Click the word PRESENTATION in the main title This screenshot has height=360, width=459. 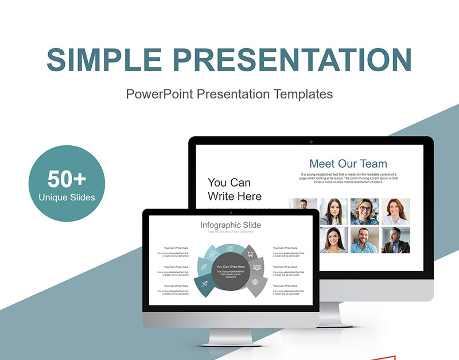click(293, 60)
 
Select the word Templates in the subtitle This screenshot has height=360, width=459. click(304, 94)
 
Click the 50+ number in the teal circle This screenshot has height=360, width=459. click(67, 179)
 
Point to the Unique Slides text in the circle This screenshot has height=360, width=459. click(67, 198)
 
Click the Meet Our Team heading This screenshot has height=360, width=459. click(348, 164)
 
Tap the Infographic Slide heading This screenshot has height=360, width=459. click(230, 225)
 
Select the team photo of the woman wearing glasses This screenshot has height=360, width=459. click(365, 211)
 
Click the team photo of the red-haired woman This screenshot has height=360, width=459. click(395, 211)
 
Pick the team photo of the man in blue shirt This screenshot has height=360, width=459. click(365, 239)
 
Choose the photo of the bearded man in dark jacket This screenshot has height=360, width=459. click(395, 239)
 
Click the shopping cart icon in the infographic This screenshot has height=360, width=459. click(249, 253)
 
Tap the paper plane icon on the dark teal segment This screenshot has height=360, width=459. click(205, 282)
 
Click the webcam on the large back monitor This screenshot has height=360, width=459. click(310, 141)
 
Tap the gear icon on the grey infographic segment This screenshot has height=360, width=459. click(254, 282)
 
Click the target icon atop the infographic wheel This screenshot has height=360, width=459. click(230, 248)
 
